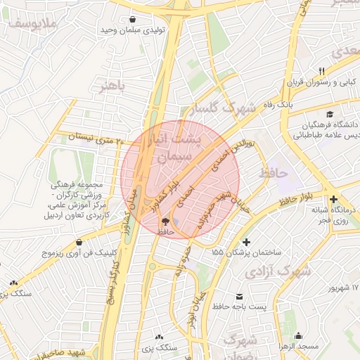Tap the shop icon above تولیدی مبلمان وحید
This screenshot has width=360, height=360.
(153, 20)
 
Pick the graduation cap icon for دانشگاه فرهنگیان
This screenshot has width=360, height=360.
(328, 115)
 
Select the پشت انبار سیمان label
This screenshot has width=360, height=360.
(176, 148)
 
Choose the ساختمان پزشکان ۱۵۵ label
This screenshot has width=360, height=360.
(247, 251)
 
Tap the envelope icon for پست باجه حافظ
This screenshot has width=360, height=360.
(240, 296)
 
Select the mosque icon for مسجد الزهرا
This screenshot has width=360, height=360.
(299, 335)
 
